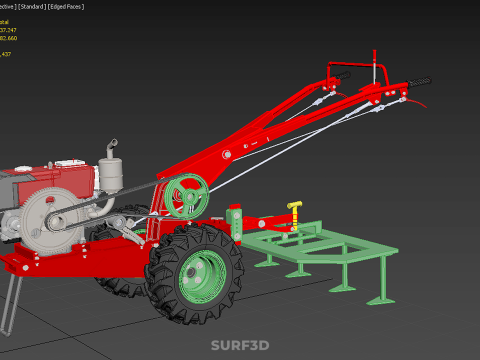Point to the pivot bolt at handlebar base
click(226, 154)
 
